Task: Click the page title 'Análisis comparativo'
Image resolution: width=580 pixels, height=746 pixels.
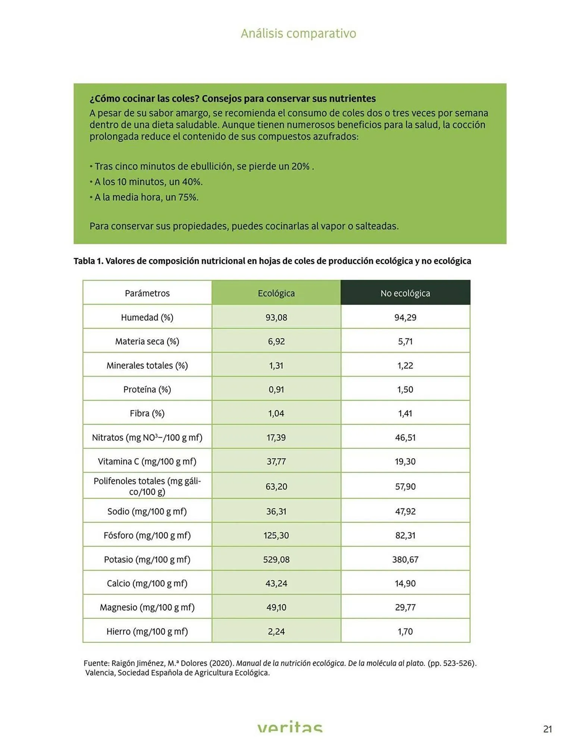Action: point(298,34)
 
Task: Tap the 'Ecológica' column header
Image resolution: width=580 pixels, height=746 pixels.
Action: point(276,293)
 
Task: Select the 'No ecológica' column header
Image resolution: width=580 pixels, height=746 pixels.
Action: point(405,293)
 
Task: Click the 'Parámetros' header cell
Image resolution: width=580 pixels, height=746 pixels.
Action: point(147,293)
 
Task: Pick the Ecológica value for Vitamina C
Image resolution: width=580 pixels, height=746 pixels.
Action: point(276,461)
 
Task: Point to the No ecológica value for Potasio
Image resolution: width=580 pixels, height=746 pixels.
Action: point(405,559)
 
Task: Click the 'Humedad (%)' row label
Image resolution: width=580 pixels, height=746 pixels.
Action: point(147,317)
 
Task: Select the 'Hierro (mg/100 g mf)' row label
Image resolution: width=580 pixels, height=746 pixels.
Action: point(147,631)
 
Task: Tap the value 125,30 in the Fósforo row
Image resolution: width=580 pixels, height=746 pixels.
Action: point(276,535)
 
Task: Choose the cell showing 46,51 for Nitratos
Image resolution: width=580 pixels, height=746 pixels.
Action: point(405,438)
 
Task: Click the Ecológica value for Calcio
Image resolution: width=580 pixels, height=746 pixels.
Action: point(276,583)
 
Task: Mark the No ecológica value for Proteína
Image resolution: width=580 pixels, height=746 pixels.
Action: point(405,389)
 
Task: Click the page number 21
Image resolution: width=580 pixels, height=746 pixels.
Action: point(547,729)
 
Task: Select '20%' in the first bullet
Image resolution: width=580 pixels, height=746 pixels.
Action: point(301,166)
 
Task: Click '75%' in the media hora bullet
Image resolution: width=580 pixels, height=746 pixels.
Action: point(188,197)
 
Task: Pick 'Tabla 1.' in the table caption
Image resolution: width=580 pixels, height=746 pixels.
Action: point(88,261)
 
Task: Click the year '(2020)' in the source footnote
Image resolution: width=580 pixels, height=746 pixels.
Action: point(222,663)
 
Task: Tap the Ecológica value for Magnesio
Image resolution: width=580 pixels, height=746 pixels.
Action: point(276,607)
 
